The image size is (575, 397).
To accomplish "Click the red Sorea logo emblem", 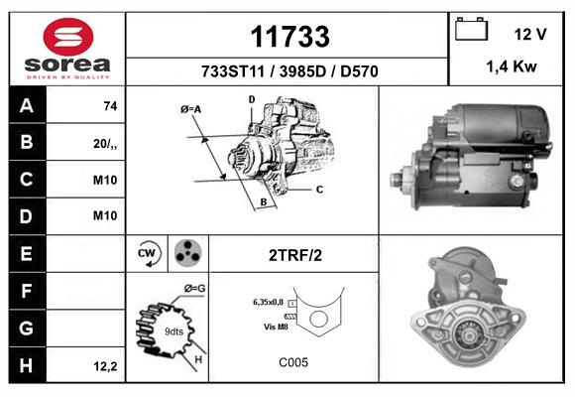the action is coord(68,37).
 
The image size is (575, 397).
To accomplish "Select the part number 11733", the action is coord(289,37).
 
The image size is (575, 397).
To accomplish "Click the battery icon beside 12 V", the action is coord(471,29).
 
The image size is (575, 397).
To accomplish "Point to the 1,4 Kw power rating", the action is coord(512,66).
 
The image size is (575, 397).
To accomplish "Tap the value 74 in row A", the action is coord(110,106).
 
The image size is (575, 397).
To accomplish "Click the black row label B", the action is coord(27,142).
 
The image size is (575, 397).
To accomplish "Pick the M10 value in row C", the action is coord(105,180).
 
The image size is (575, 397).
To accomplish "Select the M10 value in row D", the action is coord(105,215).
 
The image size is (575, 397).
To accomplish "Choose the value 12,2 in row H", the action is coord(106,366).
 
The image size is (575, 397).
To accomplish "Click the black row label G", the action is coord(27,328).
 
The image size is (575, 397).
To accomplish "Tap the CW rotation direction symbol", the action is coord(148,253).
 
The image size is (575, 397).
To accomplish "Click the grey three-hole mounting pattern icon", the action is coord(188,253).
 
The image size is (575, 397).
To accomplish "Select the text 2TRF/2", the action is coord(295,255).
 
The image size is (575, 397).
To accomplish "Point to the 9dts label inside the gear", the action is coord(173,331).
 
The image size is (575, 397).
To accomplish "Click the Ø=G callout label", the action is coord(194,289).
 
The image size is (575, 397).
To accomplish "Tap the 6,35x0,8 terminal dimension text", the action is coord(268,303).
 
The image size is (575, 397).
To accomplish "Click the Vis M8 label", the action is coord(276,327).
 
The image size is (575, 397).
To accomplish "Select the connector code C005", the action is coord(293,362).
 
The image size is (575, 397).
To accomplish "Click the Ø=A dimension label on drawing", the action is coord(191,109).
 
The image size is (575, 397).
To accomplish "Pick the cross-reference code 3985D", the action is coord(302,71).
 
